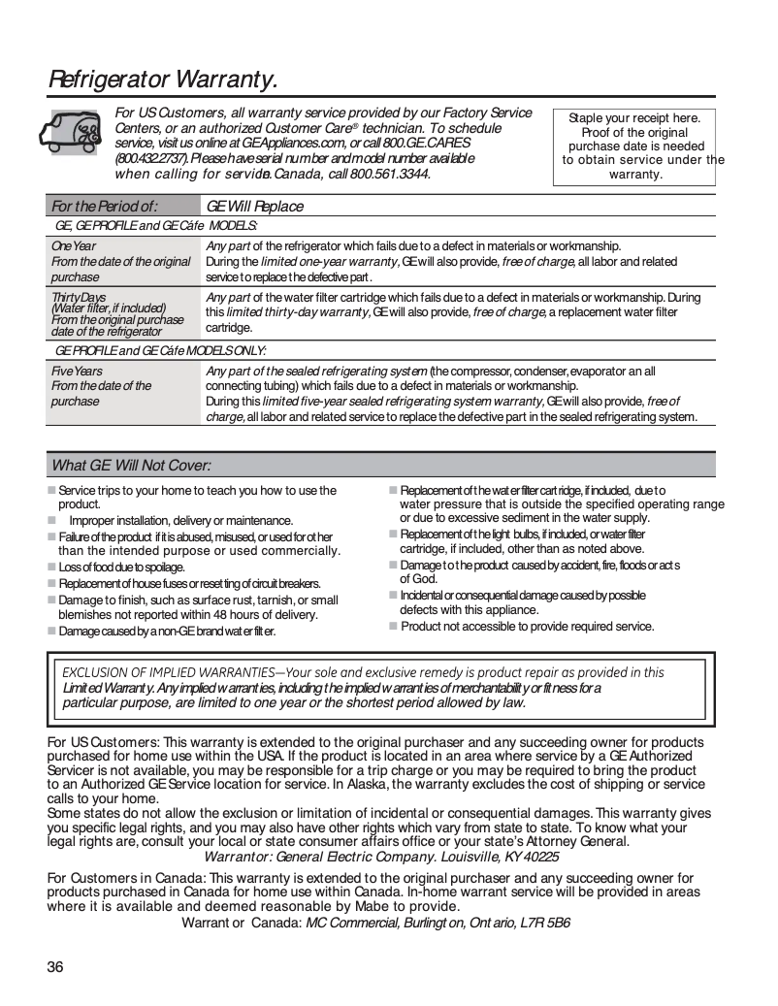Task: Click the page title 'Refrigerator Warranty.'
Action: (x=163, y=79)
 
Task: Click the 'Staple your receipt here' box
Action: (x=634, y=146)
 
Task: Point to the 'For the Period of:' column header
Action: (x=104, y=206)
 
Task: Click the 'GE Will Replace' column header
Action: (x=255, y=206)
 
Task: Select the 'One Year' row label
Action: (x=74, y=246)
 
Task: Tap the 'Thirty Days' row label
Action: (x=81, y=297)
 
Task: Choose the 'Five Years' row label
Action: (x=77, y=372)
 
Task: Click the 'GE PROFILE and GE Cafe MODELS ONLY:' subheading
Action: (x=160, y=350)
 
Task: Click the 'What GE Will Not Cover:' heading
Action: (x=131, y=466)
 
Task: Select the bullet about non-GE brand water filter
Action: (x=167, y=632)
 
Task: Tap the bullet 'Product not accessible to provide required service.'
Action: (x=527, y=627)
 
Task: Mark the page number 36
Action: (x=55, y=967)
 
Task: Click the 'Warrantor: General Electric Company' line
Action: (x=381, y=857)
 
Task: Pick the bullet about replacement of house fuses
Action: (x=189, y=583)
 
